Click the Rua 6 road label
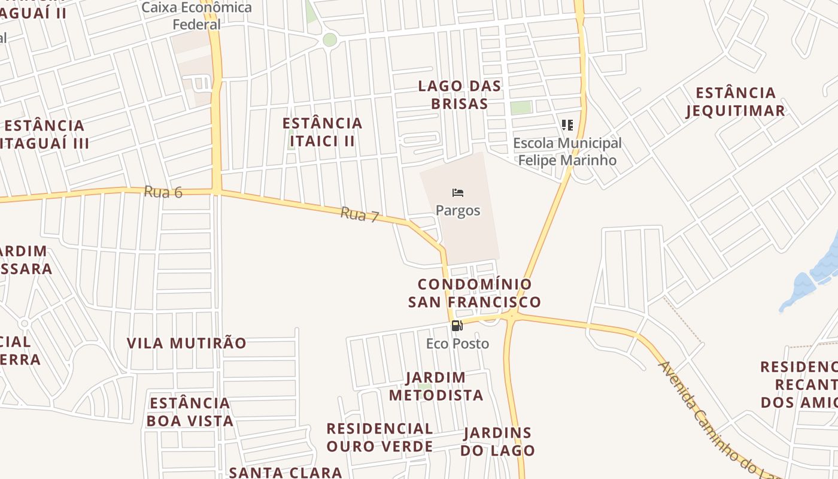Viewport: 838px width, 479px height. coord(163,192)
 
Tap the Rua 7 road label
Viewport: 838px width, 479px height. coord(360,214)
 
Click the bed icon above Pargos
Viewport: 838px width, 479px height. coord(458,193)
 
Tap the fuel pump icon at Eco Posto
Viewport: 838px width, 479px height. coord(457,326)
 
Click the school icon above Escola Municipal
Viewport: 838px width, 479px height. coord(567,125)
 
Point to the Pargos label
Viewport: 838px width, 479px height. coord(458,211)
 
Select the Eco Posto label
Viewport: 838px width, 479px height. coord(457,344)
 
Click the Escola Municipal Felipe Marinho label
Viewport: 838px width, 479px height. coord(567,151)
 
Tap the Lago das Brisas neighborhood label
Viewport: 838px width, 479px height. coord(460,95)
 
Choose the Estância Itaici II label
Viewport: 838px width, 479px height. coord(323,132)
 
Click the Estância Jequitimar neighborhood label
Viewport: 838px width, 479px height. coord(736,102)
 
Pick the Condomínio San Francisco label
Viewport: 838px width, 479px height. coord(474,293)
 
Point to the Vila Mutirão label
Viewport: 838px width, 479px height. coord(187,343)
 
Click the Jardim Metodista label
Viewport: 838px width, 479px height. coord(436,386)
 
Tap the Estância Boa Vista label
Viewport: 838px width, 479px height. coord(190,411)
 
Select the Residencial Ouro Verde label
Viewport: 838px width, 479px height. coord(379,437)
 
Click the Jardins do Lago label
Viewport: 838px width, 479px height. coord(497,441)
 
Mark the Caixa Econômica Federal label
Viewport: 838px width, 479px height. coord(197,16)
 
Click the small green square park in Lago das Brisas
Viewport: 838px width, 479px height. coord(521,108)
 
